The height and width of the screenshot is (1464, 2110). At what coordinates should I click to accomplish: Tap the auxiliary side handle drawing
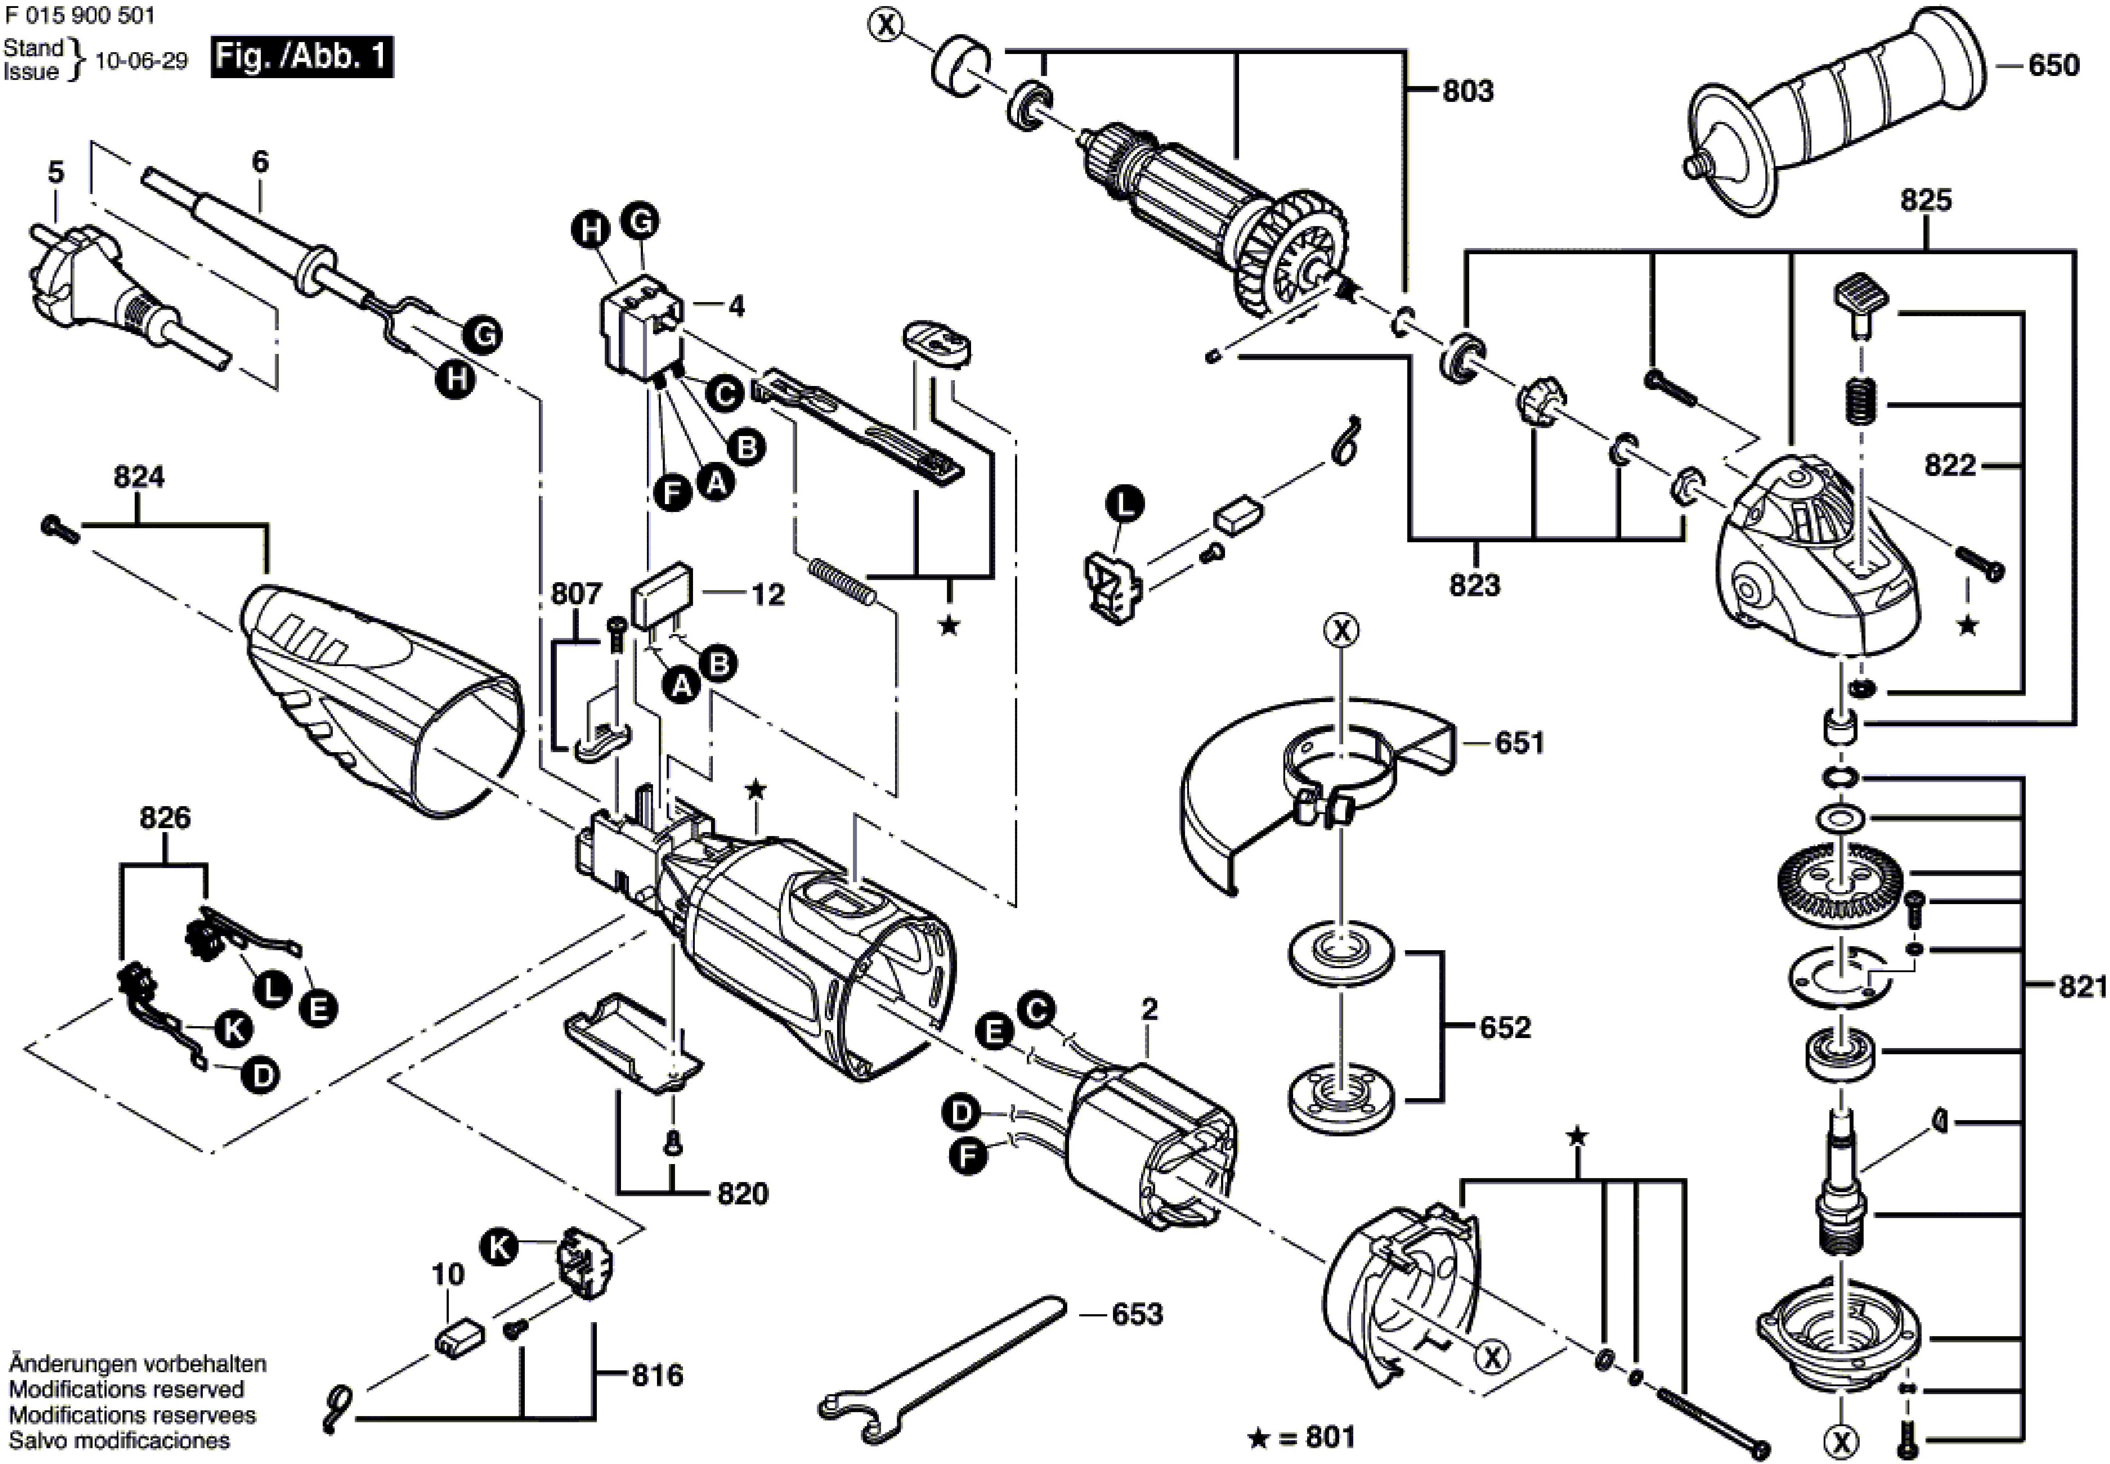(x=1835, y=119)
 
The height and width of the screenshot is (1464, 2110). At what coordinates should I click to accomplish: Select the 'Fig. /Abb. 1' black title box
(x=302, y=58)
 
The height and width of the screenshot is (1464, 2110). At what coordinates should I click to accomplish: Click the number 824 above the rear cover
(x=139, y=477)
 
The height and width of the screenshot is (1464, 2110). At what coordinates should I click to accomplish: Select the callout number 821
(x=2083, y=987)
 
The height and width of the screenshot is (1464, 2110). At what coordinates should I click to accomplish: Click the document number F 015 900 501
(x=80, y=15)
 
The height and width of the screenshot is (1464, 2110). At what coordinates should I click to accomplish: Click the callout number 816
(x=657, y=1375)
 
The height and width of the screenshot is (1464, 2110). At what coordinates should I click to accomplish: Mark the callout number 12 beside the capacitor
(x=768, y=595)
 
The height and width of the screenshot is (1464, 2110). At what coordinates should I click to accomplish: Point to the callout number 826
(x=165, y=817)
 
